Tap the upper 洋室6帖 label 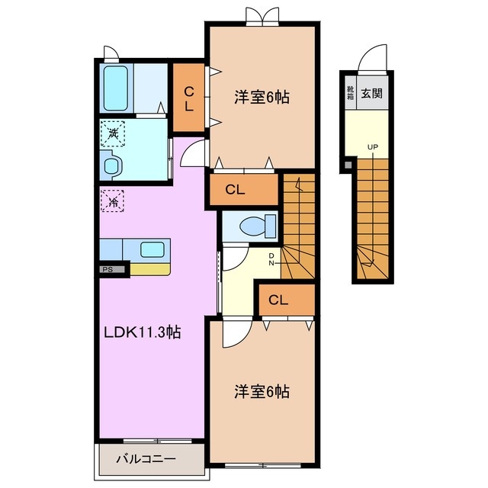261,98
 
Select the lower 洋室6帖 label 261,391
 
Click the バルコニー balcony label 146,460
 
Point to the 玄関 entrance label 372,94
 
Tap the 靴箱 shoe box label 350,94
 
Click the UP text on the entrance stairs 372,147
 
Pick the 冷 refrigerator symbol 112,202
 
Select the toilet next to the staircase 252,226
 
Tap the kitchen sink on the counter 150,249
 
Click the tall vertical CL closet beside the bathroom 188,98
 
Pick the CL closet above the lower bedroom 278,300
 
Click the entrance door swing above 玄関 374,58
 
